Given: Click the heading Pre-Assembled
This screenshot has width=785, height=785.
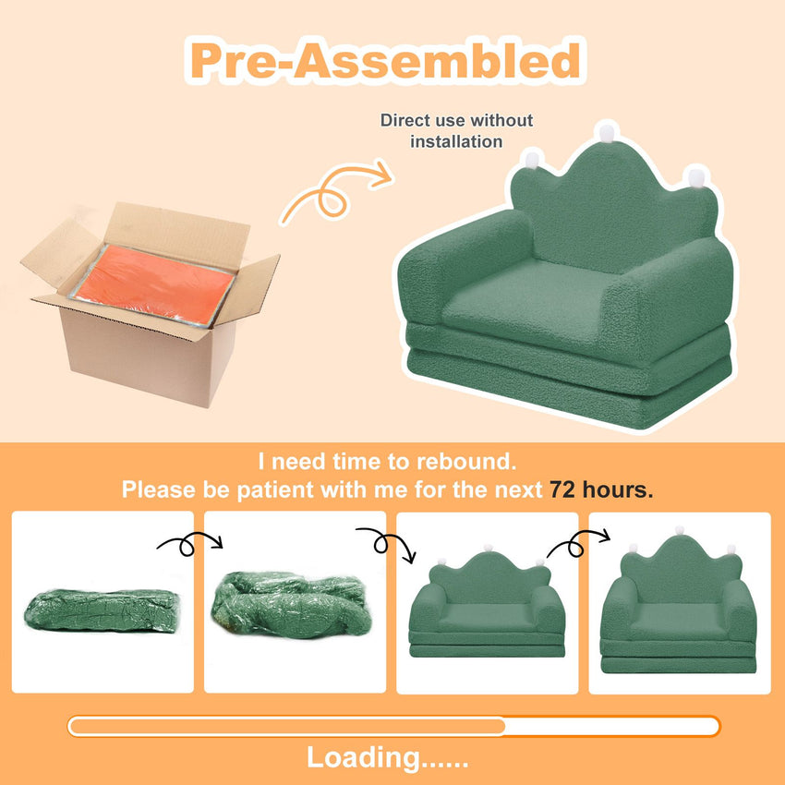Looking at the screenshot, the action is [385, 61].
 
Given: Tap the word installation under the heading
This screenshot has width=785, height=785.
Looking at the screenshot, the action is [456, 141].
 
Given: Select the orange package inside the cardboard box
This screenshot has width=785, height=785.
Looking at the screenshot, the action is [153, 284].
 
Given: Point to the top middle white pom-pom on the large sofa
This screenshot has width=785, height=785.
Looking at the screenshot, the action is [606, 132].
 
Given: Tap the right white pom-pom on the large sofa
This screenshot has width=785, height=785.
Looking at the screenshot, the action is [696, 177].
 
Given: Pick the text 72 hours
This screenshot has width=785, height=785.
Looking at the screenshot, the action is [601, 489].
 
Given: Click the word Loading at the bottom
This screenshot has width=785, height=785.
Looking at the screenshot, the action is [364, 757].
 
